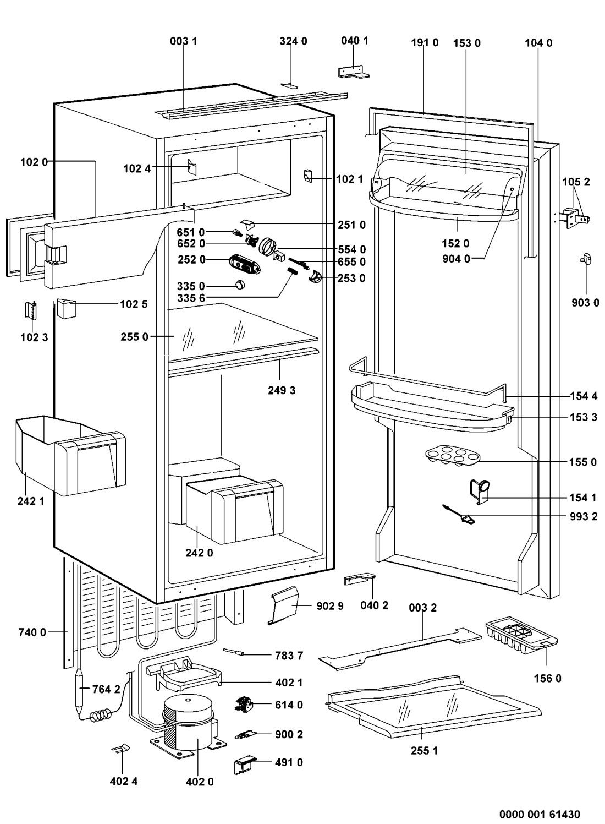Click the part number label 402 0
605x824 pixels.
200,782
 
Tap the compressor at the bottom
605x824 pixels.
188,721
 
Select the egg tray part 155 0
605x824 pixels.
451,456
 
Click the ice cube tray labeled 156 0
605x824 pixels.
520,640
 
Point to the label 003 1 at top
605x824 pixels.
184,41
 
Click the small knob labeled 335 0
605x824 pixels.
240,285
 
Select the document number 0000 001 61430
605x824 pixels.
540,814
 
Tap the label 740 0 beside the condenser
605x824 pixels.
32,632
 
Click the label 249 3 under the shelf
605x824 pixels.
282,390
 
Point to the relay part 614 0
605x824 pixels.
244,704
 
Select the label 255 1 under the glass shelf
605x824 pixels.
424,750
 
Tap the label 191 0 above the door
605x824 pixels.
425,43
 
